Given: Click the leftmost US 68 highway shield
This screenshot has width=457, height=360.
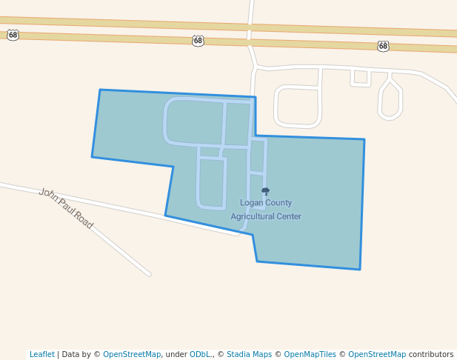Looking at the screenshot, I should (x=13, y=35).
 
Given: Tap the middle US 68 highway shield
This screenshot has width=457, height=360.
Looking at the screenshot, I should (x=198, y=41).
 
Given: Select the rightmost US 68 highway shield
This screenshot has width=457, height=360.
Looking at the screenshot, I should (x=383, y=46).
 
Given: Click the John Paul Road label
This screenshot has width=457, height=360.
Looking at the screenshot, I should (x=66, y=208).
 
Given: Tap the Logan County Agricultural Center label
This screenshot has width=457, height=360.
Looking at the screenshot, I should (x=266, y=209).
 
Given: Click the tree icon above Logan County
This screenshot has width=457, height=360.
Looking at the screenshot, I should (x=266, y=191).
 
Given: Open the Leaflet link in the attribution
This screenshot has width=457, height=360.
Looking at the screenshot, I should (x=41, y=354).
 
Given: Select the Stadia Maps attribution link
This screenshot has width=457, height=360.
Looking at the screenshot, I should (x=249, y=354).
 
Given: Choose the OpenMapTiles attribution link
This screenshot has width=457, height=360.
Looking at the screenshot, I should (x=310, y=354).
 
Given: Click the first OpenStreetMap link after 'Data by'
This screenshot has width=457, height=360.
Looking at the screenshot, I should (x=132, y=354).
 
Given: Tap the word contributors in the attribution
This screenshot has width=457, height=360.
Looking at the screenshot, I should (x=431, y=354).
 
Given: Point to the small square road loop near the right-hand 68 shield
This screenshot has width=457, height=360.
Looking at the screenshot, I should (x=361, y=77).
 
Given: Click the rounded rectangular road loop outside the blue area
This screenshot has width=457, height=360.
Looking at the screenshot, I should (x=298, y=106).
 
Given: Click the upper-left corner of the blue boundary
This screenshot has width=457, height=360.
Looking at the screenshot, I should (x=100, y=90).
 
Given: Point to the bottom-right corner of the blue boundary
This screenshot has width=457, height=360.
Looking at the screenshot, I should (x=360, y=269).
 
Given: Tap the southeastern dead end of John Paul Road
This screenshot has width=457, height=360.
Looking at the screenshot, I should (x=149, y=274).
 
